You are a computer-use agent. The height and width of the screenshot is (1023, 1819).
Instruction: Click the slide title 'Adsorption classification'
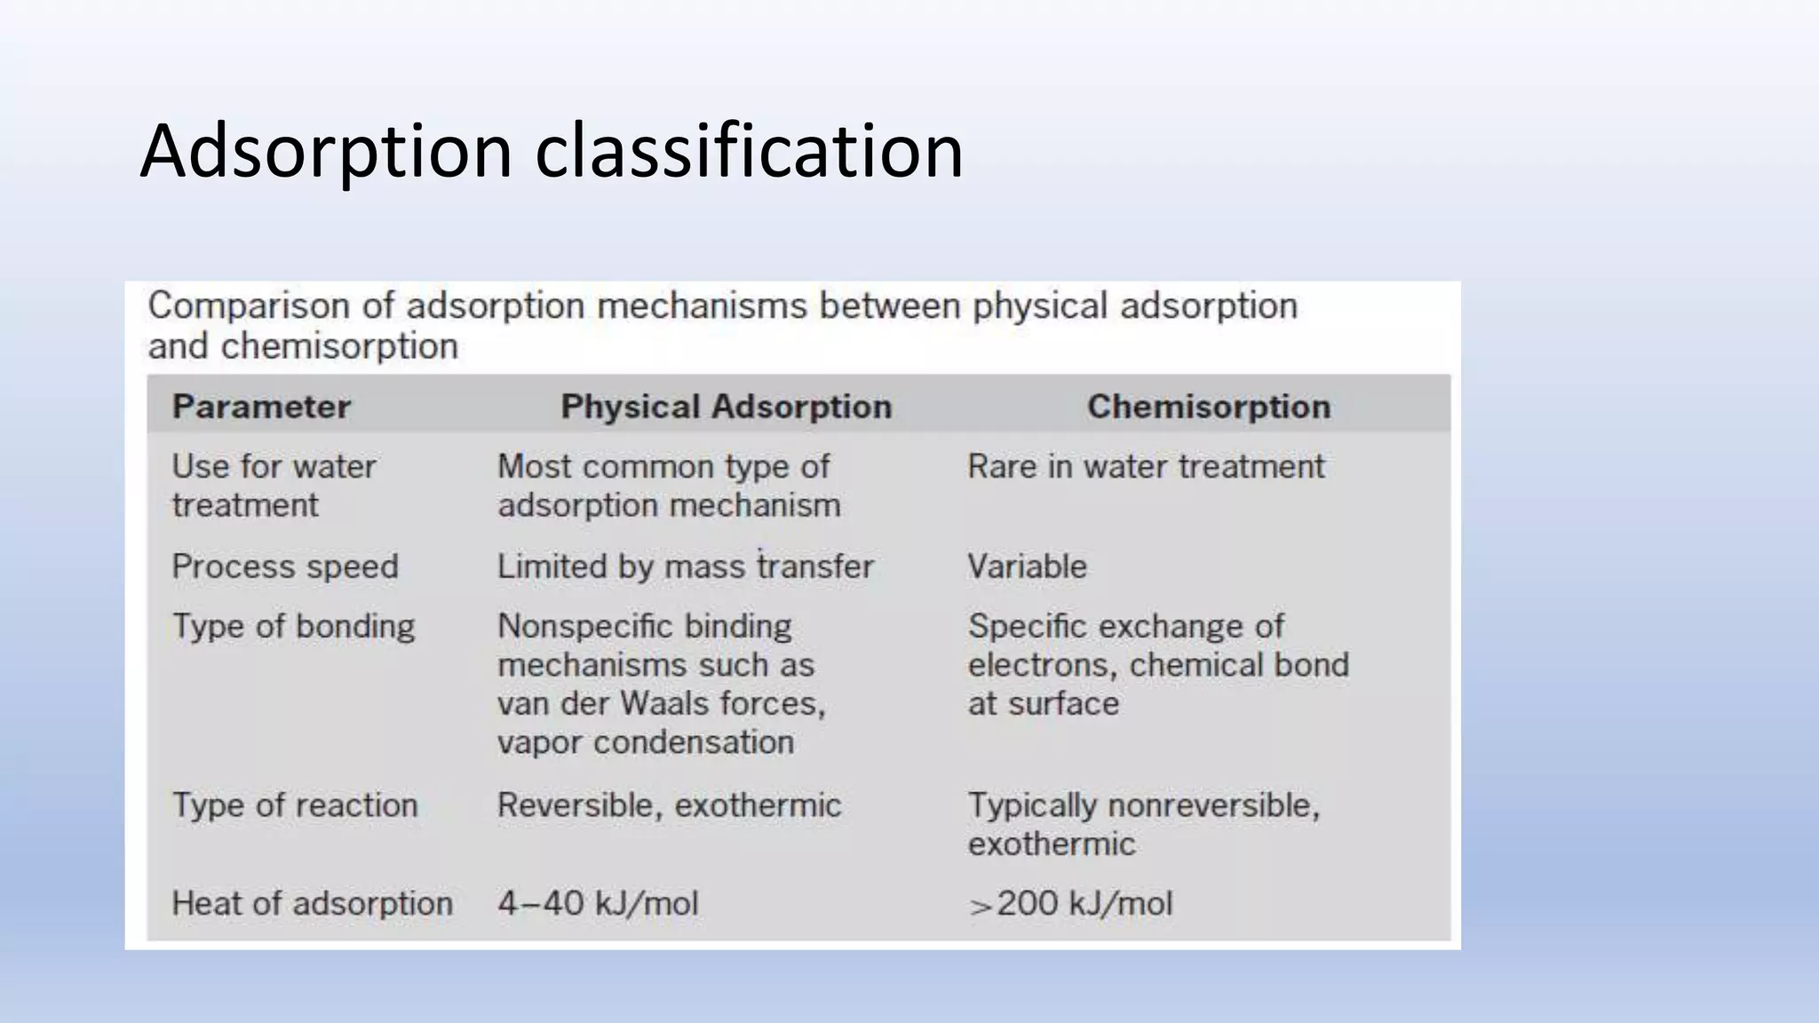(x=551, y=151)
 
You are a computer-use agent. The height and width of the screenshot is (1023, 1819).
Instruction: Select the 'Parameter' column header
(x=261, y=407)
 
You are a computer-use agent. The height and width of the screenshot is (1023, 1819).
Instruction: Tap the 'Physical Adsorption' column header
(x=726, y=407)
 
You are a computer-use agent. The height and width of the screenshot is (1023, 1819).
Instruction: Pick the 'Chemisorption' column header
(x=1208, y=407)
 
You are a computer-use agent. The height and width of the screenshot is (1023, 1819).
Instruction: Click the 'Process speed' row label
(x=285, y=567)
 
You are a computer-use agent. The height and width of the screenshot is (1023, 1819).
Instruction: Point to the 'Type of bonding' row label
(x=293, y=626)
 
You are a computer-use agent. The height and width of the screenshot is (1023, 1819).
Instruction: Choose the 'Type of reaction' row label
(x=294, y=805)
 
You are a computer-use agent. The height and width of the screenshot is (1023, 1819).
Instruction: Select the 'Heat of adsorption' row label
(x=312, y=904)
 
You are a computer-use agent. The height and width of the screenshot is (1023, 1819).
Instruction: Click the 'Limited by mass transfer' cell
(x=685, y=567)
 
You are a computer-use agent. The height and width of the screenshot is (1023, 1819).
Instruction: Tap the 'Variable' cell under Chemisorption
(x=1027, y=567)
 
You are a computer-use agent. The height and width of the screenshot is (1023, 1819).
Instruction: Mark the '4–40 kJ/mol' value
(x=598, y=904)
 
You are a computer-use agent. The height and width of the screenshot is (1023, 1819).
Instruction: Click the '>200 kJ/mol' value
(x=1070, y=904)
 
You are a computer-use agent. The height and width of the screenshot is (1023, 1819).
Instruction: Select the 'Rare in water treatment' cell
(x=1146, y=466)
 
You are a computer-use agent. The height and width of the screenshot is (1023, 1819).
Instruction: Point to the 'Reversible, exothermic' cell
(x=669, y=805)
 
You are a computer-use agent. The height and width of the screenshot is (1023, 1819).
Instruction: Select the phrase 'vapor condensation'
(x=645, y=742)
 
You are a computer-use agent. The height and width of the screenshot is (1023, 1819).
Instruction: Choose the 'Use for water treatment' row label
(x=274, y=485)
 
